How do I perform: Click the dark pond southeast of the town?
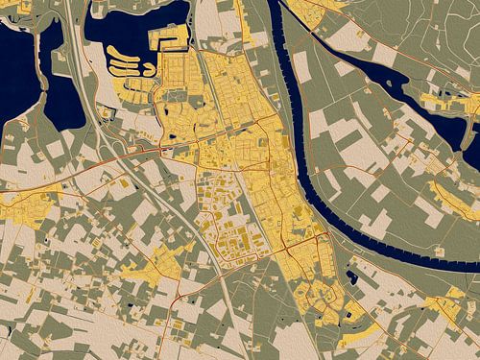click(352, 278)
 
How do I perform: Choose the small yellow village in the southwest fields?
click(154, 264)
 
